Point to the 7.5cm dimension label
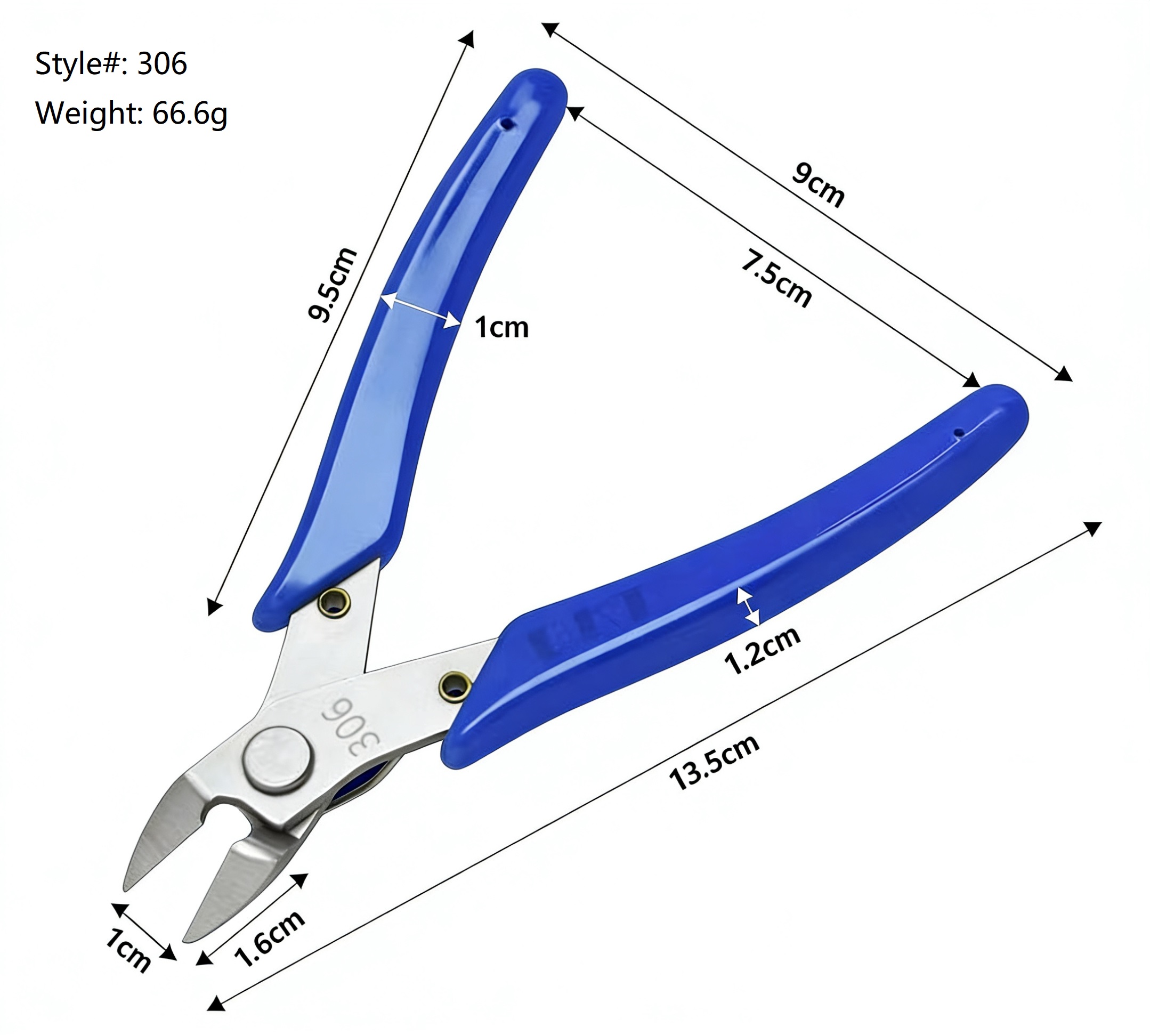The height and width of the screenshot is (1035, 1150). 777,279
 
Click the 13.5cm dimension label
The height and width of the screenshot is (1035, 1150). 714,762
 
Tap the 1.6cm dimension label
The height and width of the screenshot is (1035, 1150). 270,939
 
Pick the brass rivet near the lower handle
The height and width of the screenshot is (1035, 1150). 455,686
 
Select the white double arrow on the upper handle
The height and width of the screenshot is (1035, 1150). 420,311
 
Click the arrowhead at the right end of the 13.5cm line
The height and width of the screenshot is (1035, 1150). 1092,528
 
